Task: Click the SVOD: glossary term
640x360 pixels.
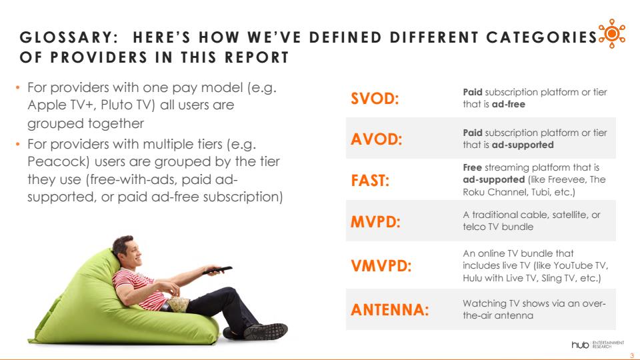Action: pyautogui.click(x=375, y=99)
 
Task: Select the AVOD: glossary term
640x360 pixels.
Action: pyautogui.click(x=376, y=139)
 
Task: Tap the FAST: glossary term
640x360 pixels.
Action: pyautogui.click(x=370, y=180)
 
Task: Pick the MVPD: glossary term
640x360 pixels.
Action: pyautogui.click(x=375, y=221)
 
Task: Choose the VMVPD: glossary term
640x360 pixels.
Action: pyautogui.click(x=381, y=266)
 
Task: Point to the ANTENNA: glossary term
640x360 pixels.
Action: pyautogui.click(x=390, y=309)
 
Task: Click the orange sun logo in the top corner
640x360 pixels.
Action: pyautogui.click(x=611, y=33)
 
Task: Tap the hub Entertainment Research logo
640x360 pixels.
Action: pyautogui.click(x=597, y=345)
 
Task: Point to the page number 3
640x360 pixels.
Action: pyautogui.click(x=632, y=355)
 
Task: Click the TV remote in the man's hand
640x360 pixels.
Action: pyautogui.click(x=217, y=270)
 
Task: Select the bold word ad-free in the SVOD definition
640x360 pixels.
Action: pyautogui.click(x=508, y=104)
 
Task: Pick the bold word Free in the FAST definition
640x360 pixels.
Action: pyautogui.click(x=472, y=167)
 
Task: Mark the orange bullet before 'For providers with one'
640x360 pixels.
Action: pyautogui.click(x=17, y=87)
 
